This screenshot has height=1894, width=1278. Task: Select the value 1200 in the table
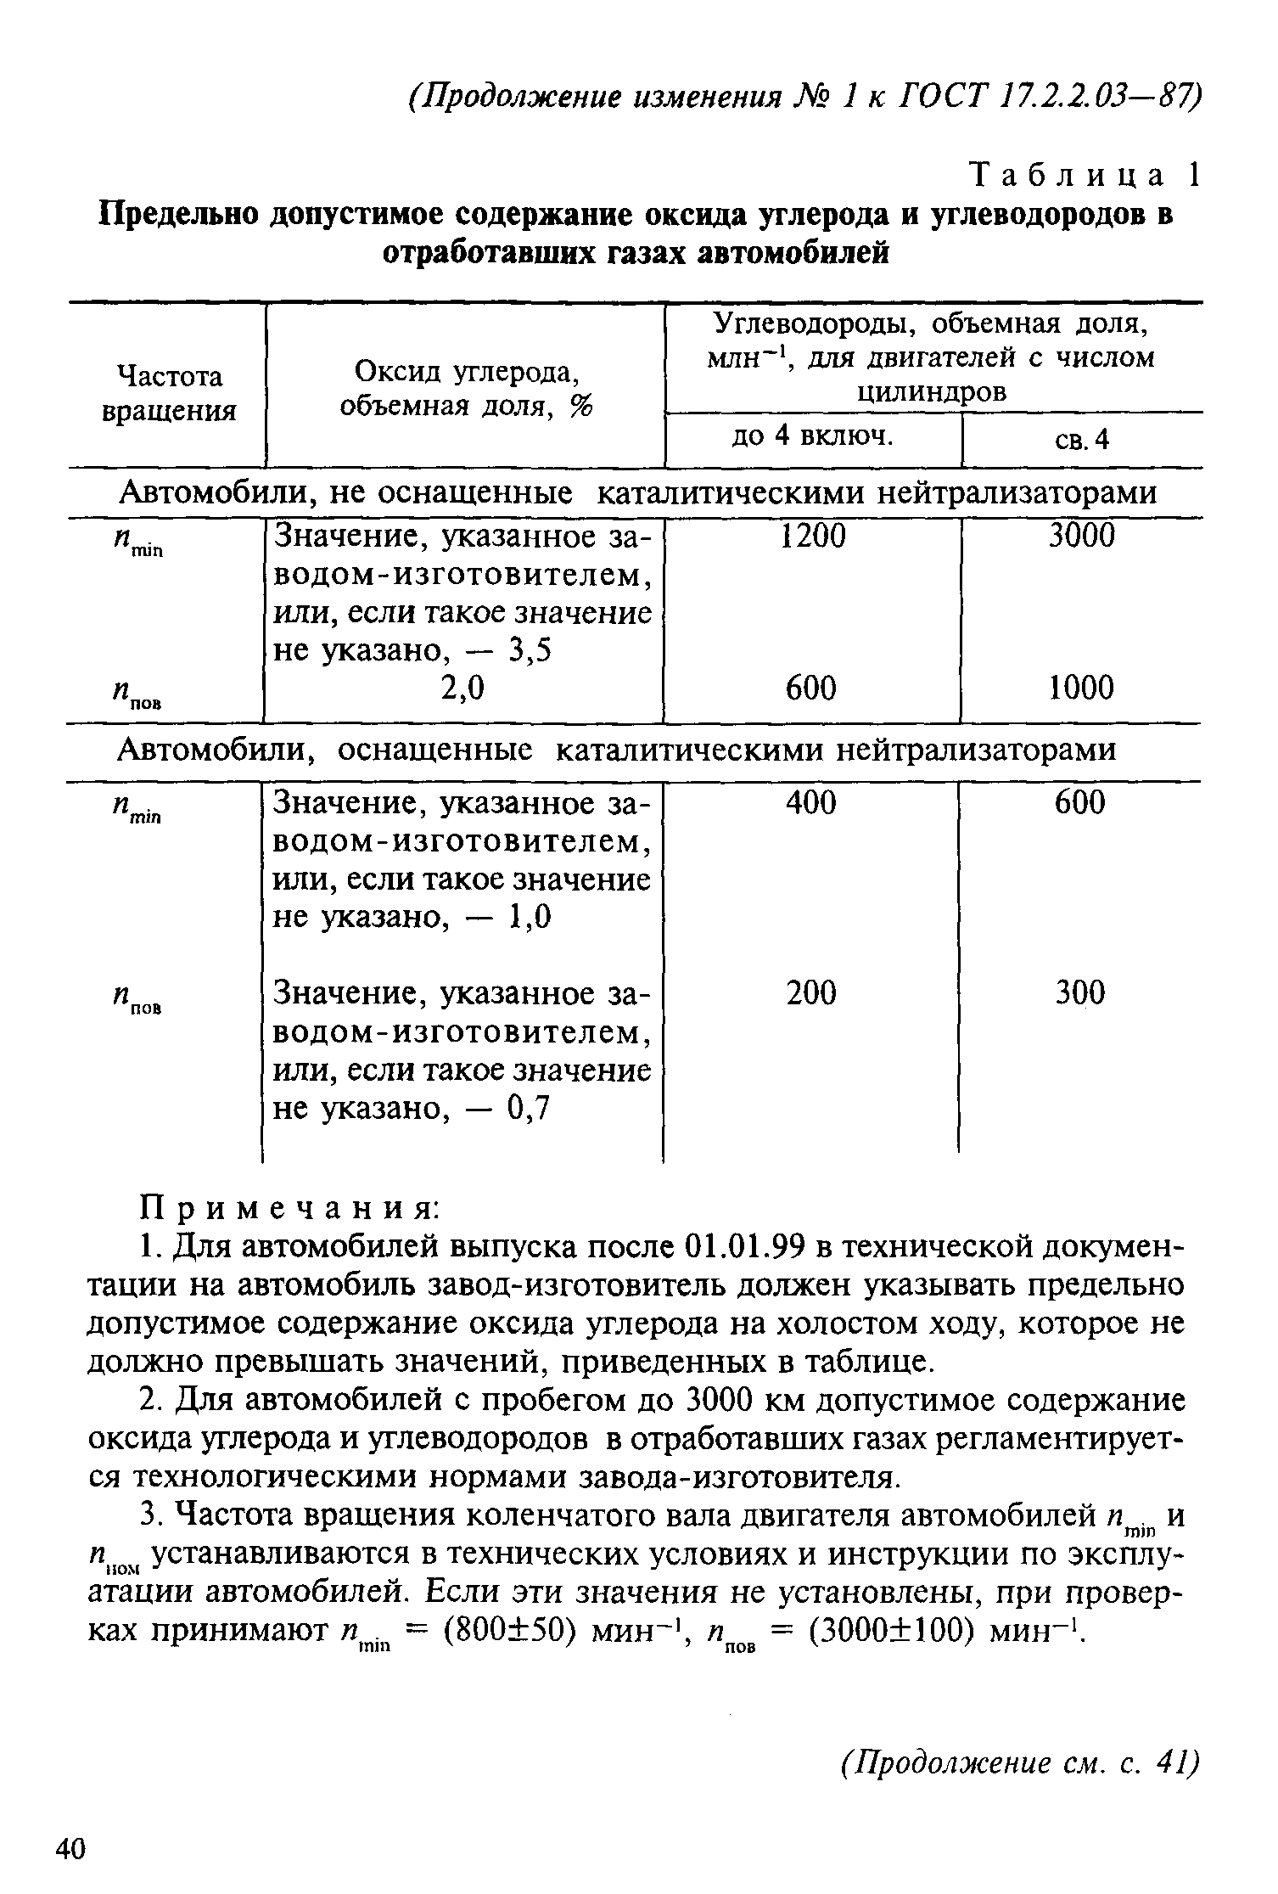(813, 536)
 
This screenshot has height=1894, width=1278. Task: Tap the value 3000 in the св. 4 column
(1081, 536)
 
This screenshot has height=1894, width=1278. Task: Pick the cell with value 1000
(1081, 688)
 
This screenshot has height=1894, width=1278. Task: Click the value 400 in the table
(811, 802)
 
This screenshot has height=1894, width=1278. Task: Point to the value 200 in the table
(811, 992)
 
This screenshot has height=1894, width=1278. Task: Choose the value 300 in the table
(1080, 992)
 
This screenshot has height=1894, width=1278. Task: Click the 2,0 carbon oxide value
(463, 688)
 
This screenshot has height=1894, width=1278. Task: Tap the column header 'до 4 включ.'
(813, 436)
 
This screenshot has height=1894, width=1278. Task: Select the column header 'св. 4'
(1082, 440)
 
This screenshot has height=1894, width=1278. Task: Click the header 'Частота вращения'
(168, 393)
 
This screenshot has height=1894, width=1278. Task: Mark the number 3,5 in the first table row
(529, 651)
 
